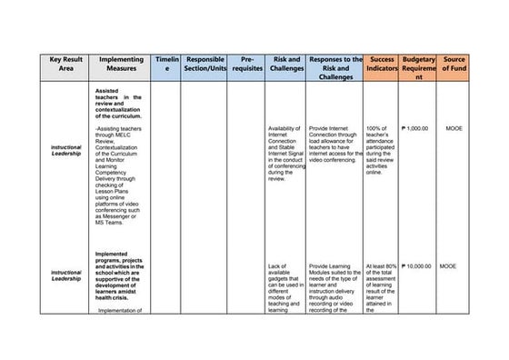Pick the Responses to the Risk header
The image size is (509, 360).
(335, 68)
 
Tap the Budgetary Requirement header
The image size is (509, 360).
(418, 68)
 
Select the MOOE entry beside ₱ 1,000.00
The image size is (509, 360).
(454, 128)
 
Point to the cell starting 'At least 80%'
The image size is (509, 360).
(381, 287)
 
